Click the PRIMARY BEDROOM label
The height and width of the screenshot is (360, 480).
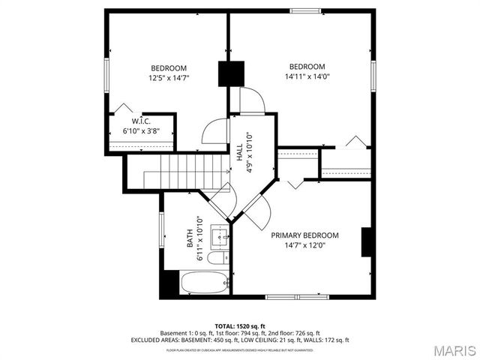pyautogui.click(x=304, y=235)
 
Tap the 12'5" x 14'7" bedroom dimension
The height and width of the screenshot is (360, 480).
pyautogui.click(x=169, y=76)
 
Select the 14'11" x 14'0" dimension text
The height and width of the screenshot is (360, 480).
pyautogui.click(x=307, y=76)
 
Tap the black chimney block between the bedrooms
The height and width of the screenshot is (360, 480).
pyautogui.click(x=232, y=73)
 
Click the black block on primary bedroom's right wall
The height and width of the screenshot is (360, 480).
pyautogui.click(x=367, y=242)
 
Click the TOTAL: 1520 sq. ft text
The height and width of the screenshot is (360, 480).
pyautogui.click(x=240, y=326)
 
